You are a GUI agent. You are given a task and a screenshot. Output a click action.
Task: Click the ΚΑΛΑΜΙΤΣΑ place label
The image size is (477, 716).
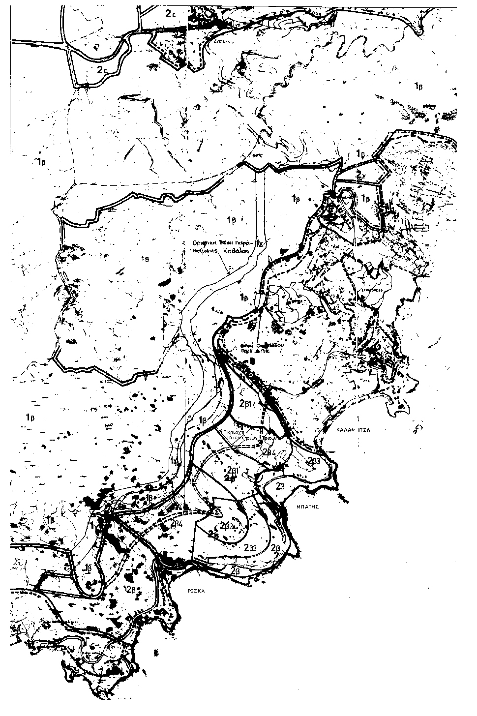point(353,430)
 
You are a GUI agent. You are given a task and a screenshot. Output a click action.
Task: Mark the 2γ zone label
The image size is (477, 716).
point(363,175)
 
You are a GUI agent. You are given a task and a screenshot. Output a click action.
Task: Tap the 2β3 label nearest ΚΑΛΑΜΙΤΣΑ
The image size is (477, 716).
point(314,461)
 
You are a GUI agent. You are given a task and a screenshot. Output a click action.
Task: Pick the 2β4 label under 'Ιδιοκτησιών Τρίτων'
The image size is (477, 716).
point(268,452)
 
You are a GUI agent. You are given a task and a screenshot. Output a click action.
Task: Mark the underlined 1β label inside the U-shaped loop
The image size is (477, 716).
point(89,567)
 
